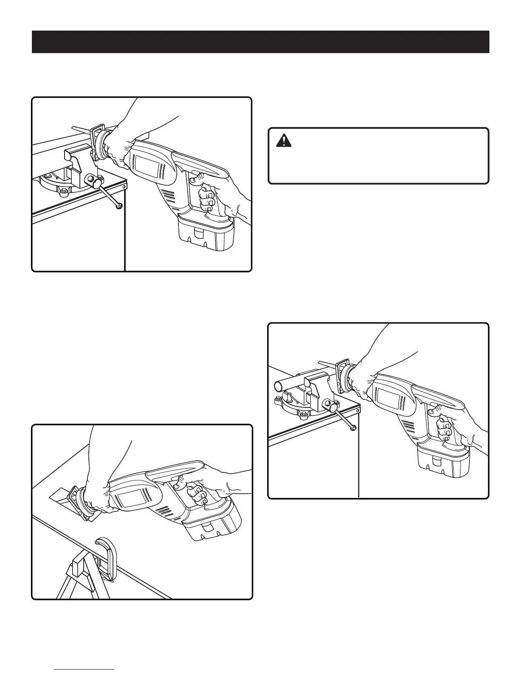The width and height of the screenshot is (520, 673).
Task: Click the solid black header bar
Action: click(x=260, y=42)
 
